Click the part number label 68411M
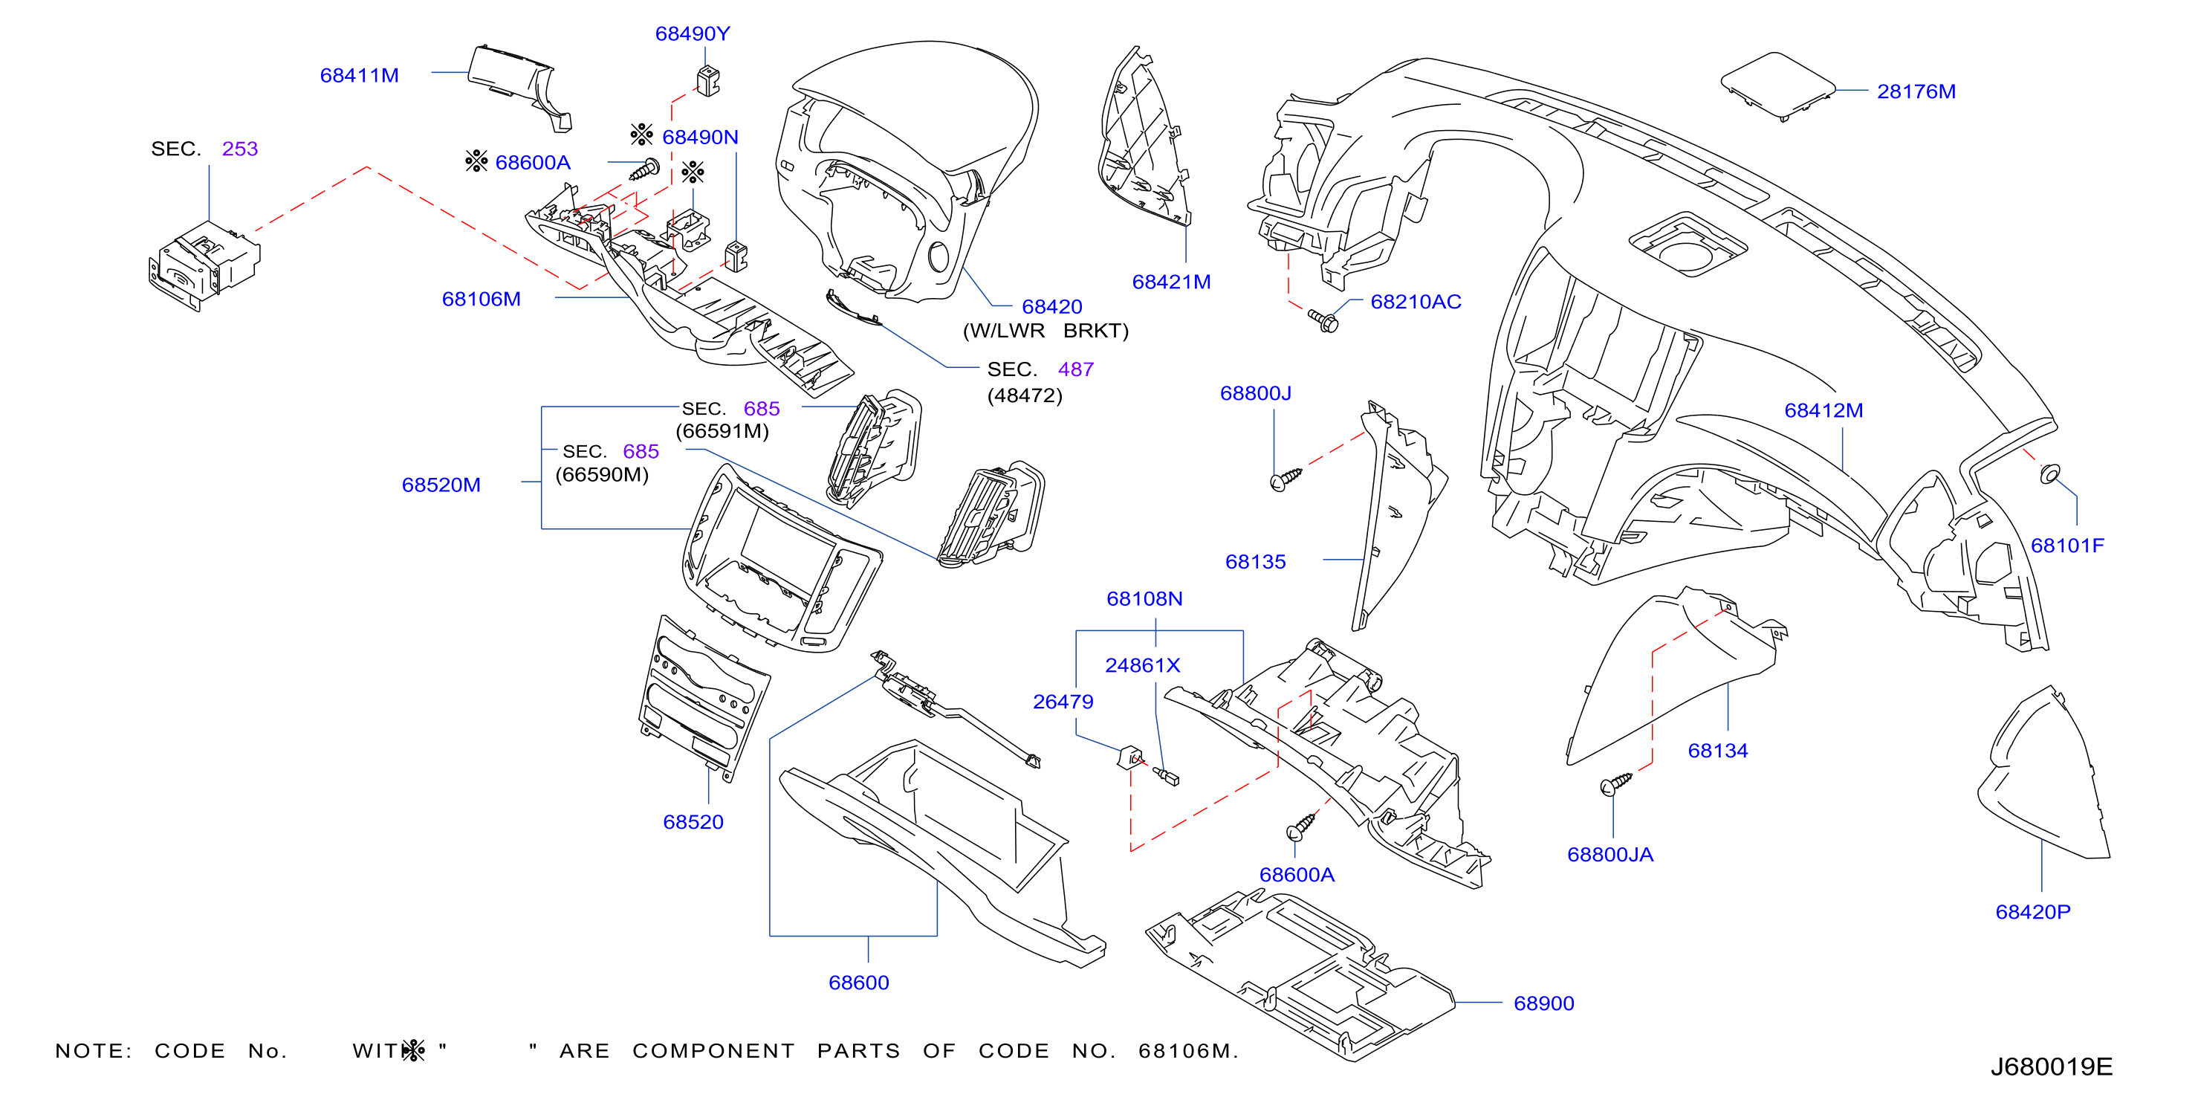(359, 75)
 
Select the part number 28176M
(1916, 91)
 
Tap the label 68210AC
(1416, 301)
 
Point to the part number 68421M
(1172, 282)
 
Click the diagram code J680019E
(2051, 1067)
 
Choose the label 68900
(1543, 1003)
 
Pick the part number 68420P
(2032, 912)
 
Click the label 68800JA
(1610, 855)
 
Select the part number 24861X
(1143, 665)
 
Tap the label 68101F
(2067, 546)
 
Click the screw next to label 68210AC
(1323, 321)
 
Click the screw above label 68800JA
(1616, 783)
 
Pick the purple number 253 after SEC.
(240, 149)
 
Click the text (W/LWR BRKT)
(1045, 331)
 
